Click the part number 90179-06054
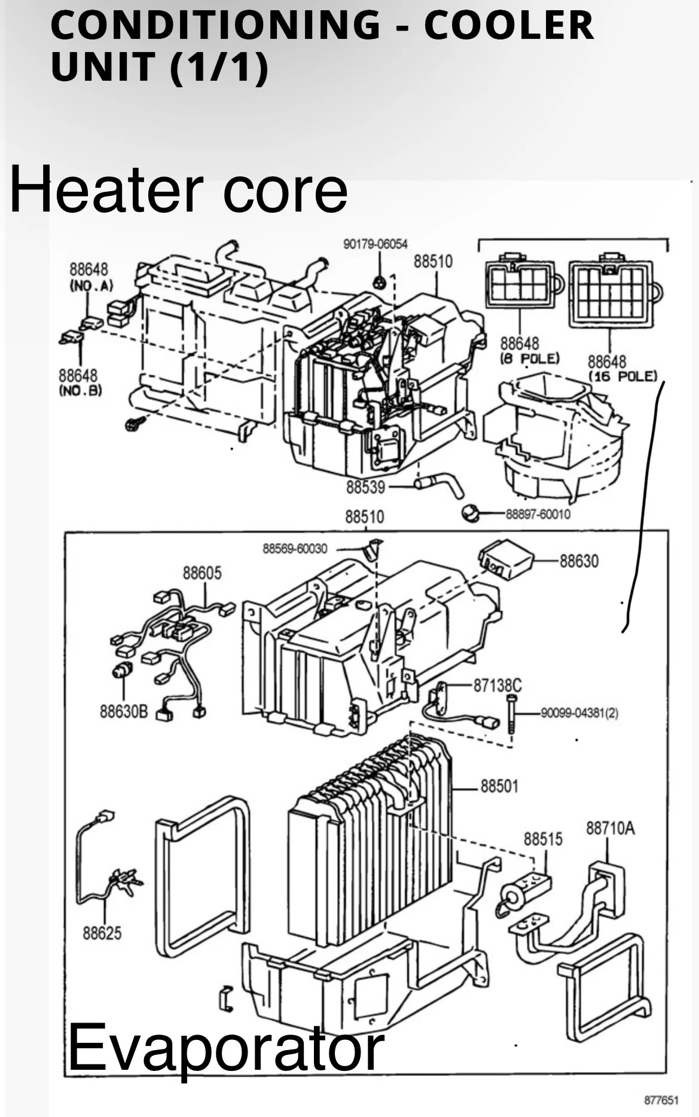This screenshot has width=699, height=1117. point(375,244)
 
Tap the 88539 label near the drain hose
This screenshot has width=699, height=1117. point(365,487)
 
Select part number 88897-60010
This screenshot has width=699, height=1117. point(538,514)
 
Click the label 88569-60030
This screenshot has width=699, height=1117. point(295,549)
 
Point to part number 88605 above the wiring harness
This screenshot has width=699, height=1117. point(202,573)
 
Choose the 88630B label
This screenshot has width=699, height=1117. point(123,711)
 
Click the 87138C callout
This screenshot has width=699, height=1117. point(497,685)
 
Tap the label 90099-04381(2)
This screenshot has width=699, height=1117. point(579,713)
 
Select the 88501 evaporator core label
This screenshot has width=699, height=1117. point(499,786)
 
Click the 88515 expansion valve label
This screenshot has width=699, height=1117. point(543,839)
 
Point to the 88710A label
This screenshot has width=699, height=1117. point(610,828)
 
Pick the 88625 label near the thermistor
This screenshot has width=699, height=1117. point(102,932)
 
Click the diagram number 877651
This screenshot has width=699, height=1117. point(661,1100)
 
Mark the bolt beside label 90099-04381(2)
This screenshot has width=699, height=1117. point(511,714)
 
